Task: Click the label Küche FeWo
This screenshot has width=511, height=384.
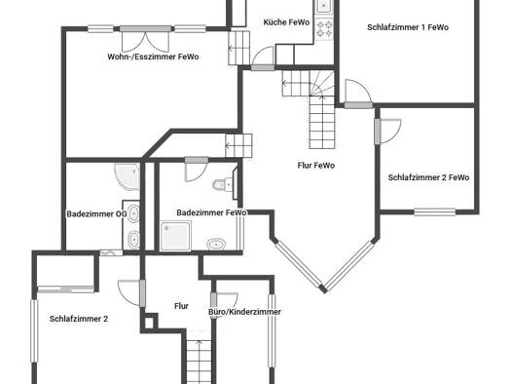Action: [286, 22]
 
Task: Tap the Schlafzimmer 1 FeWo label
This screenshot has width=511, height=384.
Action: [408, 27]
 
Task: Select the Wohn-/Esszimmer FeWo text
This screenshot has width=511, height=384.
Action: [153, 57]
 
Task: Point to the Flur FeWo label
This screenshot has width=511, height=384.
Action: [315, 166]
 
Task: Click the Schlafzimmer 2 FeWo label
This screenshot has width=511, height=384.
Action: [428, 177]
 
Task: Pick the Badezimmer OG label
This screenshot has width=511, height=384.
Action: [96, 214]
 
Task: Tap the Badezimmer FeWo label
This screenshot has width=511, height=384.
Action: [211, 212]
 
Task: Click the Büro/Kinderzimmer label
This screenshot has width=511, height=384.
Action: [244, 312]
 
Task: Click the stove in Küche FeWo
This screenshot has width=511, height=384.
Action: [324, 28]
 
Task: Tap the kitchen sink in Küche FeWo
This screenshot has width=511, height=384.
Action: [323, 6]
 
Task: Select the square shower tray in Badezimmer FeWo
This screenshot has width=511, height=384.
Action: [175, 236]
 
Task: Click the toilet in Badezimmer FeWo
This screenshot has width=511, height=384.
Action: [223, 184]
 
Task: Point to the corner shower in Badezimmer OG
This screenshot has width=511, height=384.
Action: [128, 176]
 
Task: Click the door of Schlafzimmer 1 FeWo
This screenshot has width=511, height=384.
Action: [358, 94]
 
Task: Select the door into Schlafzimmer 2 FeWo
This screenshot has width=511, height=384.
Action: [387, 132]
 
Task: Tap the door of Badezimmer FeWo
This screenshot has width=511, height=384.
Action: [197, 170]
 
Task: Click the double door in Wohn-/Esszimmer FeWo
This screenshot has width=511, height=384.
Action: [145, 39]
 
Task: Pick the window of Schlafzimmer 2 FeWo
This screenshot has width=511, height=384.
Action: [435, 212]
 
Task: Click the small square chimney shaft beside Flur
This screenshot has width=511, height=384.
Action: [149, 323]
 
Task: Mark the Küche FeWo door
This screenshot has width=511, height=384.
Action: [263, 59]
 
